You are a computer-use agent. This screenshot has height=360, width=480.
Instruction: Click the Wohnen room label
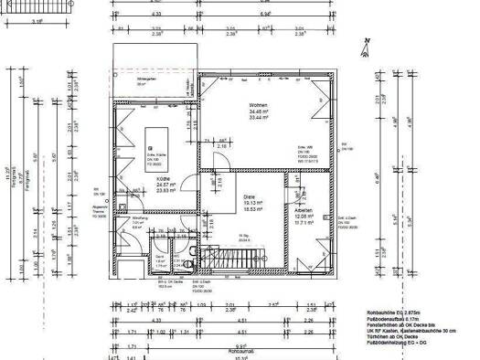pos(257,106)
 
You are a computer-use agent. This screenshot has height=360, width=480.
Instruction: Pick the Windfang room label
pos(141,217)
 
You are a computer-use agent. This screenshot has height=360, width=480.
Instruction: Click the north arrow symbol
pos(367,45)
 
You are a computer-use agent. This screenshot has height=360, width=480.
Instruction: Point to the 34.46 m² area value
pos(257,112)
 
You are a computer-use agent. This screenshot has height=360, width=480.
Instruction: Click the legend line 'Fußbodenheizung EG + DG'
pos(395,348)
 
